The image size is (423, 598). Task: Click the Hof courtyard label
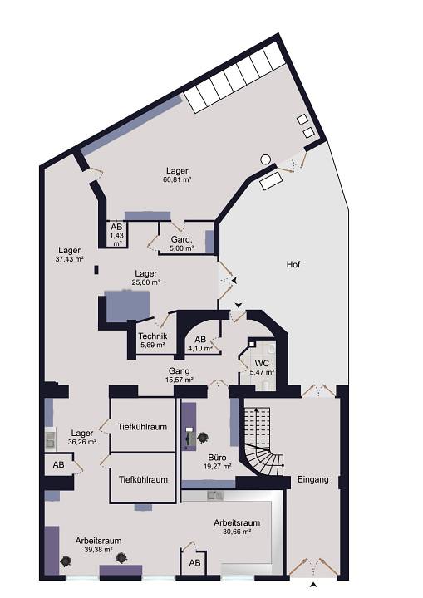point(292,265)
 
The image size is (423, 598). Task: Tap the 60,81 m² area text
point(177,179)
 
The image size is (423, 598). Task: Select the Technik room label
point(152,336)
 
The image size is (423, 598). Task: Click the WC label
point(262,364)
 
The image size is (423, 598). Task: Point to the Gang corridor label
point(179,370)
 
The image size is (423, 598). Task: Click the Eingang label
point(312,479)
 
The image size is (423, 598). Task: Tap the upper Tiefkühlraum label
point(143,427)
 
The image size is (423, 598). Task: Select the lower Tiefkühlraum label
point(143,479)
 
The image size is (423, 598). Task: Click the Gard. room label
point(181,238)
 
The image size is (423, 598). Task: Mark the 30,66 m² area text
point(237,532)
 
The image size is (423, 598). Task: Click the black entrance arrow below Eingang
point(312,586)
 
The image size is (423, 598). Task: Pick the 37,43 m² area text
point(70,259)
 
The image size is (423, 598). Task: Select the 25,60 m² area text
point(146,283)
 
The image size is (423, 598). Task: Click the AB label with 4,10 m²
point(199,340)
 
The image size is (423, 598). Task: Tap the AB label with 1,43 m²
point(116,227)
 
